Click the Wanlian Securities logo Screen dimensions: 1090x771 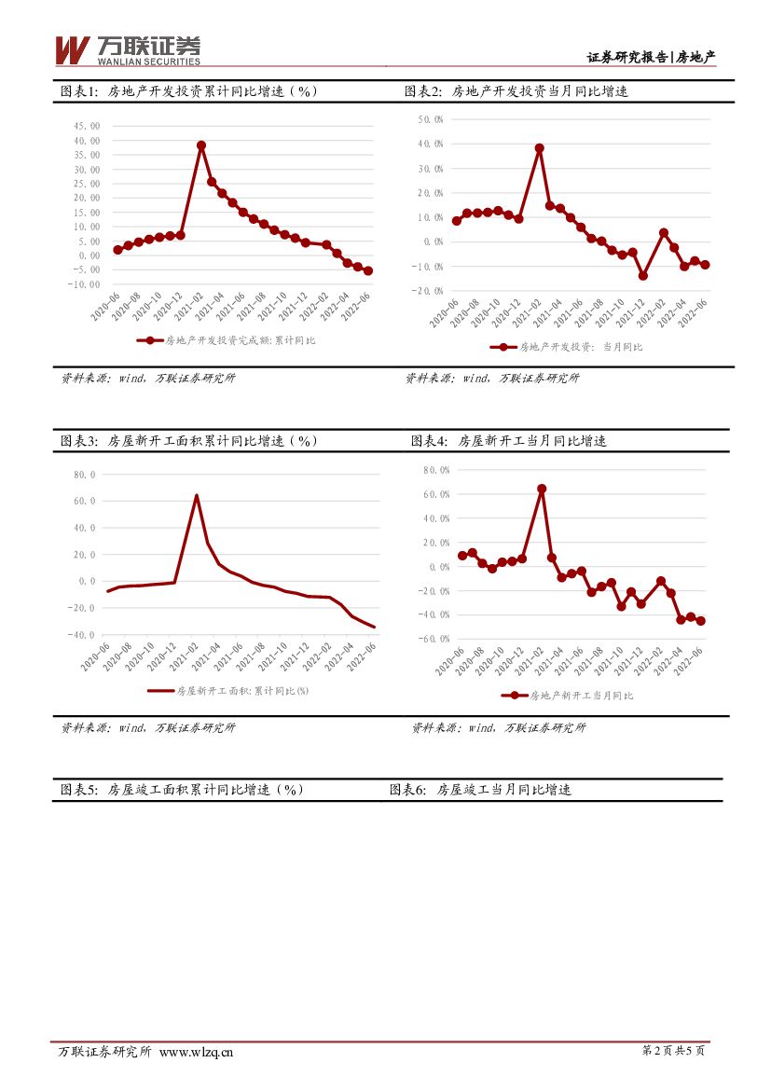click(128, 50)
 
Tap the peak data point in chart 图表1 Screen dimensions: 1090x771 click(201, 145)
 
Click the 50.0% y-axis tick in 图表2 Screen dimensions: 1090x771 click(430, 120)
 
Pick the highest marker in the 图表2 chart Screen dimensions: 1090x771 click(539, 148)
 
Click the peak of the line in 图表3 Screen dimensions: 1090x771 click(196, 495)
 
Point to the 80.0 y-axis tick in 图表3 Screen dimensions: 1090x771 click(85, 475)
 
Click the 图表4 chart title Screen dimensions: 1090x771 click(509, 440)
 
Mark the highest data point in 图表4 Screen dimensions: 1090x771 click(542, 489)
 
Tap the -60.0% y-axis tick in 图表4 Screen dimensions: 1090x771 click(435, 640)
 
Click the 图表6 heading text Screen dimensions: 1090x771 click(480, 789)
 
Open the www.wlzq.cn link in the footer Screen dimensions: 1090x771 click(197, 1052)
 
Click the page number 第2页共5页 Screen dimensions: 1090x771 click(673, 1052)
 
